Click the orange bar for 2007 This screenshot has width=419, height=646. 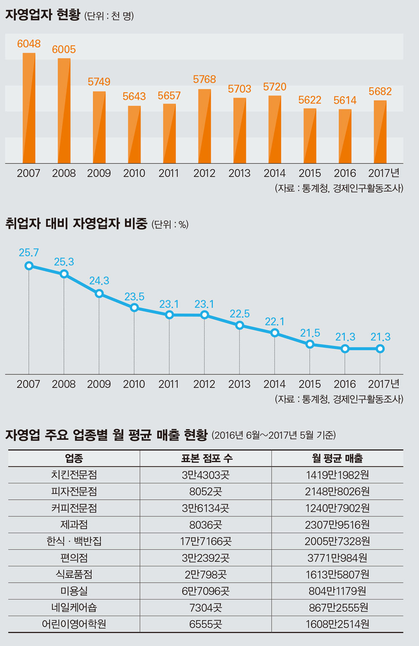pos(29,108)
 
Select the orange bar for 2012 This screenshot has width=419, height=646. pos(204,126)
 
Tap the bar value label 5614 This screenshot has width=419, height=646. pos(345,100)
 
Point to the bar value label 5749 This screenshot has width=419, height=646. pos(99,82)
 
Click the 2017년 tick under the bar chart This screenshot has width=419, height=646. pos(383,173)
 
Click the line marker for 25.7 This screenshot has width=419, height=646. pos(29,266)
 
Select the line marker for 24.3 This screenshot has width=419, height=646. pos(99,293)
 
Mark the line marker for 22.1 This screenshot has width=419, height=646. pos(275,333)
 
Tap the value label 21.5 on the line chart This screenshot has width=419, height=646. pos(310,333)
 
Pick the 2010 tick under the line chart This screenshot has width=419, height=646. pos(134,384)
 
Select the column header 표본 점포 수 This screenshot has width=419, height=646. pos(205,458)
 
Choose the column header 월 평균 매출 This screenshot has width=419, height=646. pos(337,458)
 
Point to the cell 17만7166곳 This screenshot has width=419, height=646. pos(205,541)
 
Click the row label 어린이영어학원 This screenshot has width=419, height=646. pos(74,623)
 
